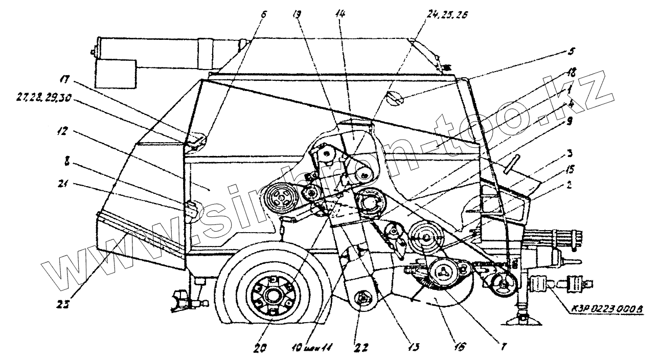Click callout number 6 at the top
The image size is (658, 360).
pyautogui.click(x=264, y=15)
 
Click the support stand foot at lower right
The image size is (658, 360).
pyautogui.click(x=522, y=320)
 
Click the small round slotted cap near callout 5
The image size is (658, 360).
pyautogui.click(x=396, y=99)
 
